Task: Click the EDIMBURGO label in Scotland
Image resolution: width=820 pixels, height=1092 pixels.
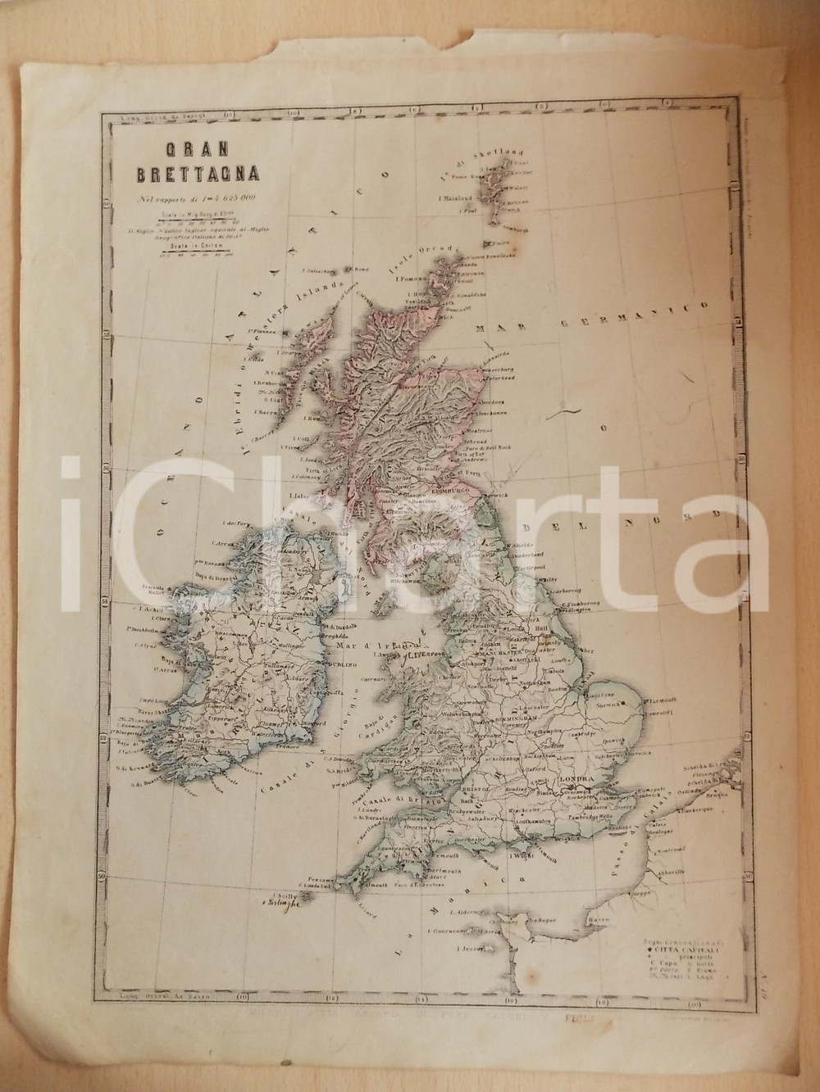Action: point(449,489)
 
